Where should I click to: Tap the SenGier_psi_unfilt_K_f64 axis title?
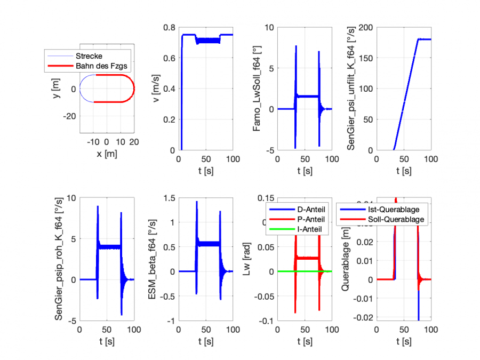click(351, 89)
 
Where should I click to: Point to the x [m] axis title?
click(106, 154)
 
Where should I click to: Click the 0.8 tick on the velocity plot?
click(170, 27)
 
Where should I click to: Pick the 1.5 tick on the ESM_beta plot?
click(170, 198)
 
